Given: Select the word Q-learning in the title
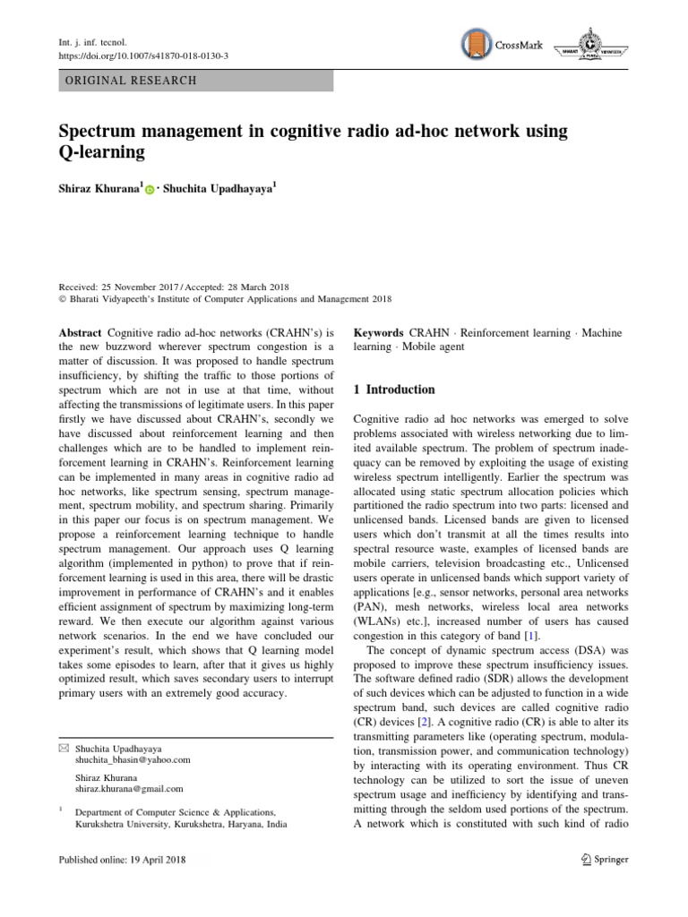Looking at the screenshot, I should [x=101, y=152].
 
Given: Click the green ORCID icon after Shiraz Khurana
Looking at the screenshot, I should [x=150, y=190].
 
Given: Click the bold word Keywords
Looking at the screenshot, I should [x=379, y=333].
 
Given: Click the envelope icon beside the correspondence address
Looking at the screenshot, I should [x=63, y=747].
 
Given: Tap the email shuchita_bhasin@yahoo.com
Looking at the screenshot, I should [x=133, y=759].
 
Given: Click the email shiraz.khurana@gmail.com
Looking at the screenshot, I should [x=129, y=789].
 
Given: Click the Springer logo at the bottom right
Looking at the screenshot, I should [x=599, y=860].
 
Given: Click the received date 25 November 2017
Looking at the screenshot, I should [x=141, y=286].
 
